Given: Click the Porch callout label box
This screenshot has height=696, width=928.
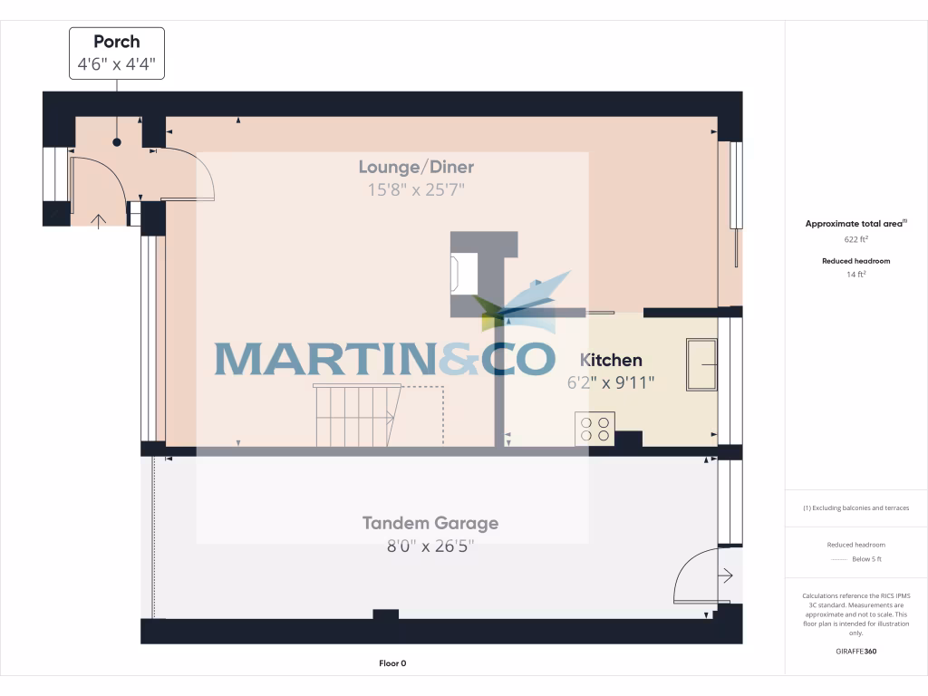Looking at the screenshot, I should (x=117, y=53).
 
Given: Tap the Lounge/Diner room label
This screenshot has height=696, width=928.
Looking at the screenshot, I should (x=416, y=167).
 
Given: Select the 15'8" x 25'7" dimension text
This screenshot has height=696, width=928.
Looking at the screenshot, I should (x=416, y=190).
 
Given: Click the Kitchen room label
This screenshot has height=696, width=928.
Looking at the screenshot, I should (x=611, y=361).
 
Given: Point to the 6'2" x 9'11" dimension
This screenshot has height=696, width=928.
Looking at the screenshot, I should (x=611, y=382).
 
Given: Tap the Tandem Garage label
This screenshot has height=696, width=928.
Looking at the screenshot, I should (x=430, y=523).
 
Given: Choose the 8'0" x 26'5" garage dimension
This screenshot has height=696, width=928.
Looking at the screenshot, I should (x=430, y=546).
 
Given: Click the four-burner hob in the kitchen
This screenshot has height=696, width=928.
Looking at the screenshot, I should (x=594, y=428).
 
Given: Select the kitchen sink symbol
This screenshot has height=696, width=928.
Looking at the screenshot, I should (x=701, y=365).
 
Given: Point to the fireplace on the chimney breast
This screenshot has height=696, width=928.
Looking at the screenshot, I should (x=464, y=273).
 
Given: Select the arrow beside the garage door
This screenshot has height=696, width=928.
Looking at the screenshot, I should (x=727, y=575).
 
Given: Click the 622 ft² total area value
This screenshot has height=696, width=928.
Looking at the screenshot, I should (x=855, y=240).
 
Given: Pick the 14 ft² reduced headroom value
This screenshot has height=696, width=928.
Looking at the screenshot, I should (x=855, y=274).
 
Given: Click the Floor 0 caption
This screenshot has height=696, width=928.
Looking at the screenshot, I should (x=392, y=663).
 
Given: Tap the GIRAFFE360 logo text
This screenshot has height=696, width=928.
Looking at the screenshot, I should (x=855, y=651).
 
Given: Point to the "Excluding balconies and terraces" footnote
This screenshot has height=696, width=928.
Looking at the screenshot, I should (x=855, y=508).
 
